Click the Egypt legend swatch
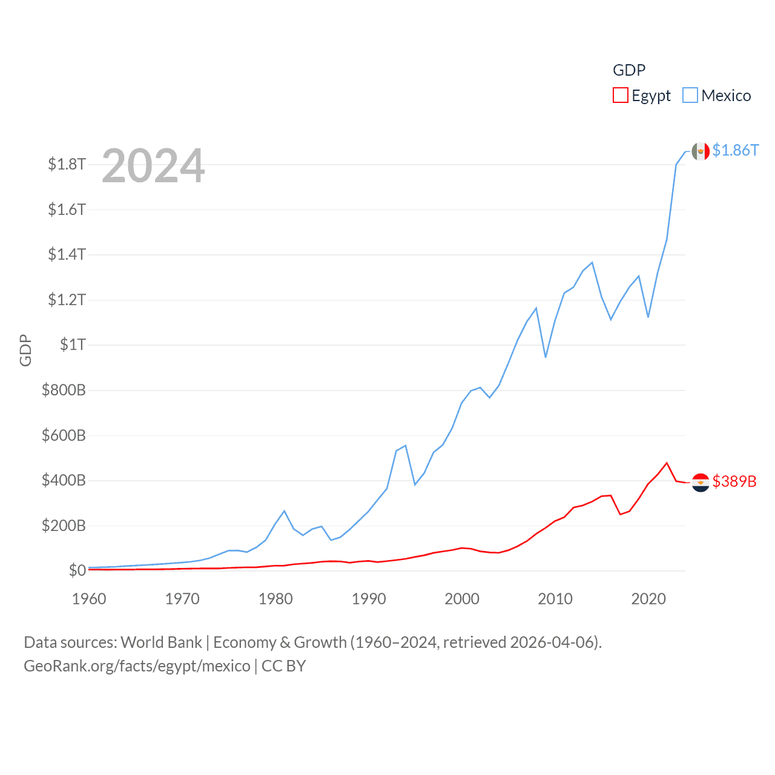(620, 96)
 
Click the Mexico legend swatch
(690, 96)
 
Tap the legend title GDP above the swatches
(629, 70)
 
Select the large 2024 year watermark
(153, 165)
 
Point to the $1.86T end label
(735, 150)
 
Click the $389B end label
(734, 481)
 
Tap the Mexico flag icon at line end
(701, 151)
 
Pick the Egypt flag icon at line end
(701, 483)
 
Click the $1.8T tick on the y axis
(67, 164)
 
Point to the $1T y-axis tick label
(73, 345)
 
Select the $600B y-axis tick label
(64, 435)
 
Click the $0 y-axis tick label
(77, 570)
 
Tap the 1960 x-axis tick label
(89, 599)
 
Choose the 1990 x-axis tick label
(369, 599)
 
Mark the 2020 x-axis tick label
(648, 599)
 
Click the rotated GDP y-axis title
(25, 350)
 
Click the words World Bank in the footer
(161, 642)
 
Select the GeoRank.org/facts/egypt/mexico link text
(137, 666)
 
